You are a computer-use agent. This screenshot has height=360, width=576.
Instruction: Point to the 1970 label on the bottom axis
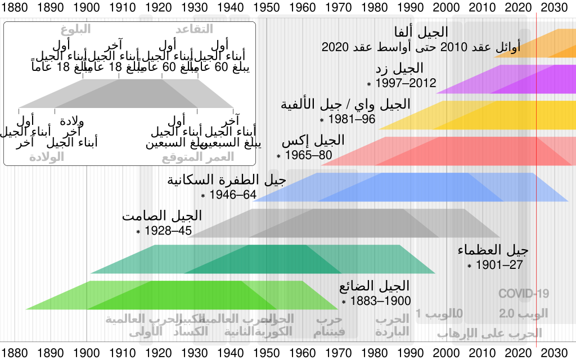(339, 353)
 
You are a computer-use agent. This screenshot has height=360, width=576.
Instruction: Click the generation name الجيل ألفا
(422, 33)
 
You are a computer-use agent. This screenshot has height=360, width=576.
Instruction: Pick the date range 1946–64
(233, 195)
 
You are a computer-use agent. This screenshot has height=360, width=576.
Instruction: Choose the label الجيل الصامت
(162, 216)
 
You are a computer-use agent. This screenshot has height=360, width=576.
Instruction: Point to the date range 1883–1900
(380, 301)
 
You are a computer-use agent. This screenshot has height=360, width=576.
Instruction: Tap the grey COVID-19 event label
(524, 294)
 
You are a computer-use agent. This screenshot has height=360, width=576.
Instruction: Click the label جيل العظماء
(493, 250)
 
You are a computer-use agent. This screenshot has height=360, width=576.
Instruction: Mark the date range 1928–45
(168, 231)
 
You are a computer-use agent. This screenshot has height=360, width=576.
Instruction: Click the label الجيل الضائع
(374, 286)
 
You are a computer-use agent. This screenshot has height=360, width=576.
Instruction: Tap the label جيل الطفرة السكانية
(227, 181)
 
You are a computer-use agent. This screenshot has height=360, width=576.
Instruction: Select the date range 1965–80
(308, 155)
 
